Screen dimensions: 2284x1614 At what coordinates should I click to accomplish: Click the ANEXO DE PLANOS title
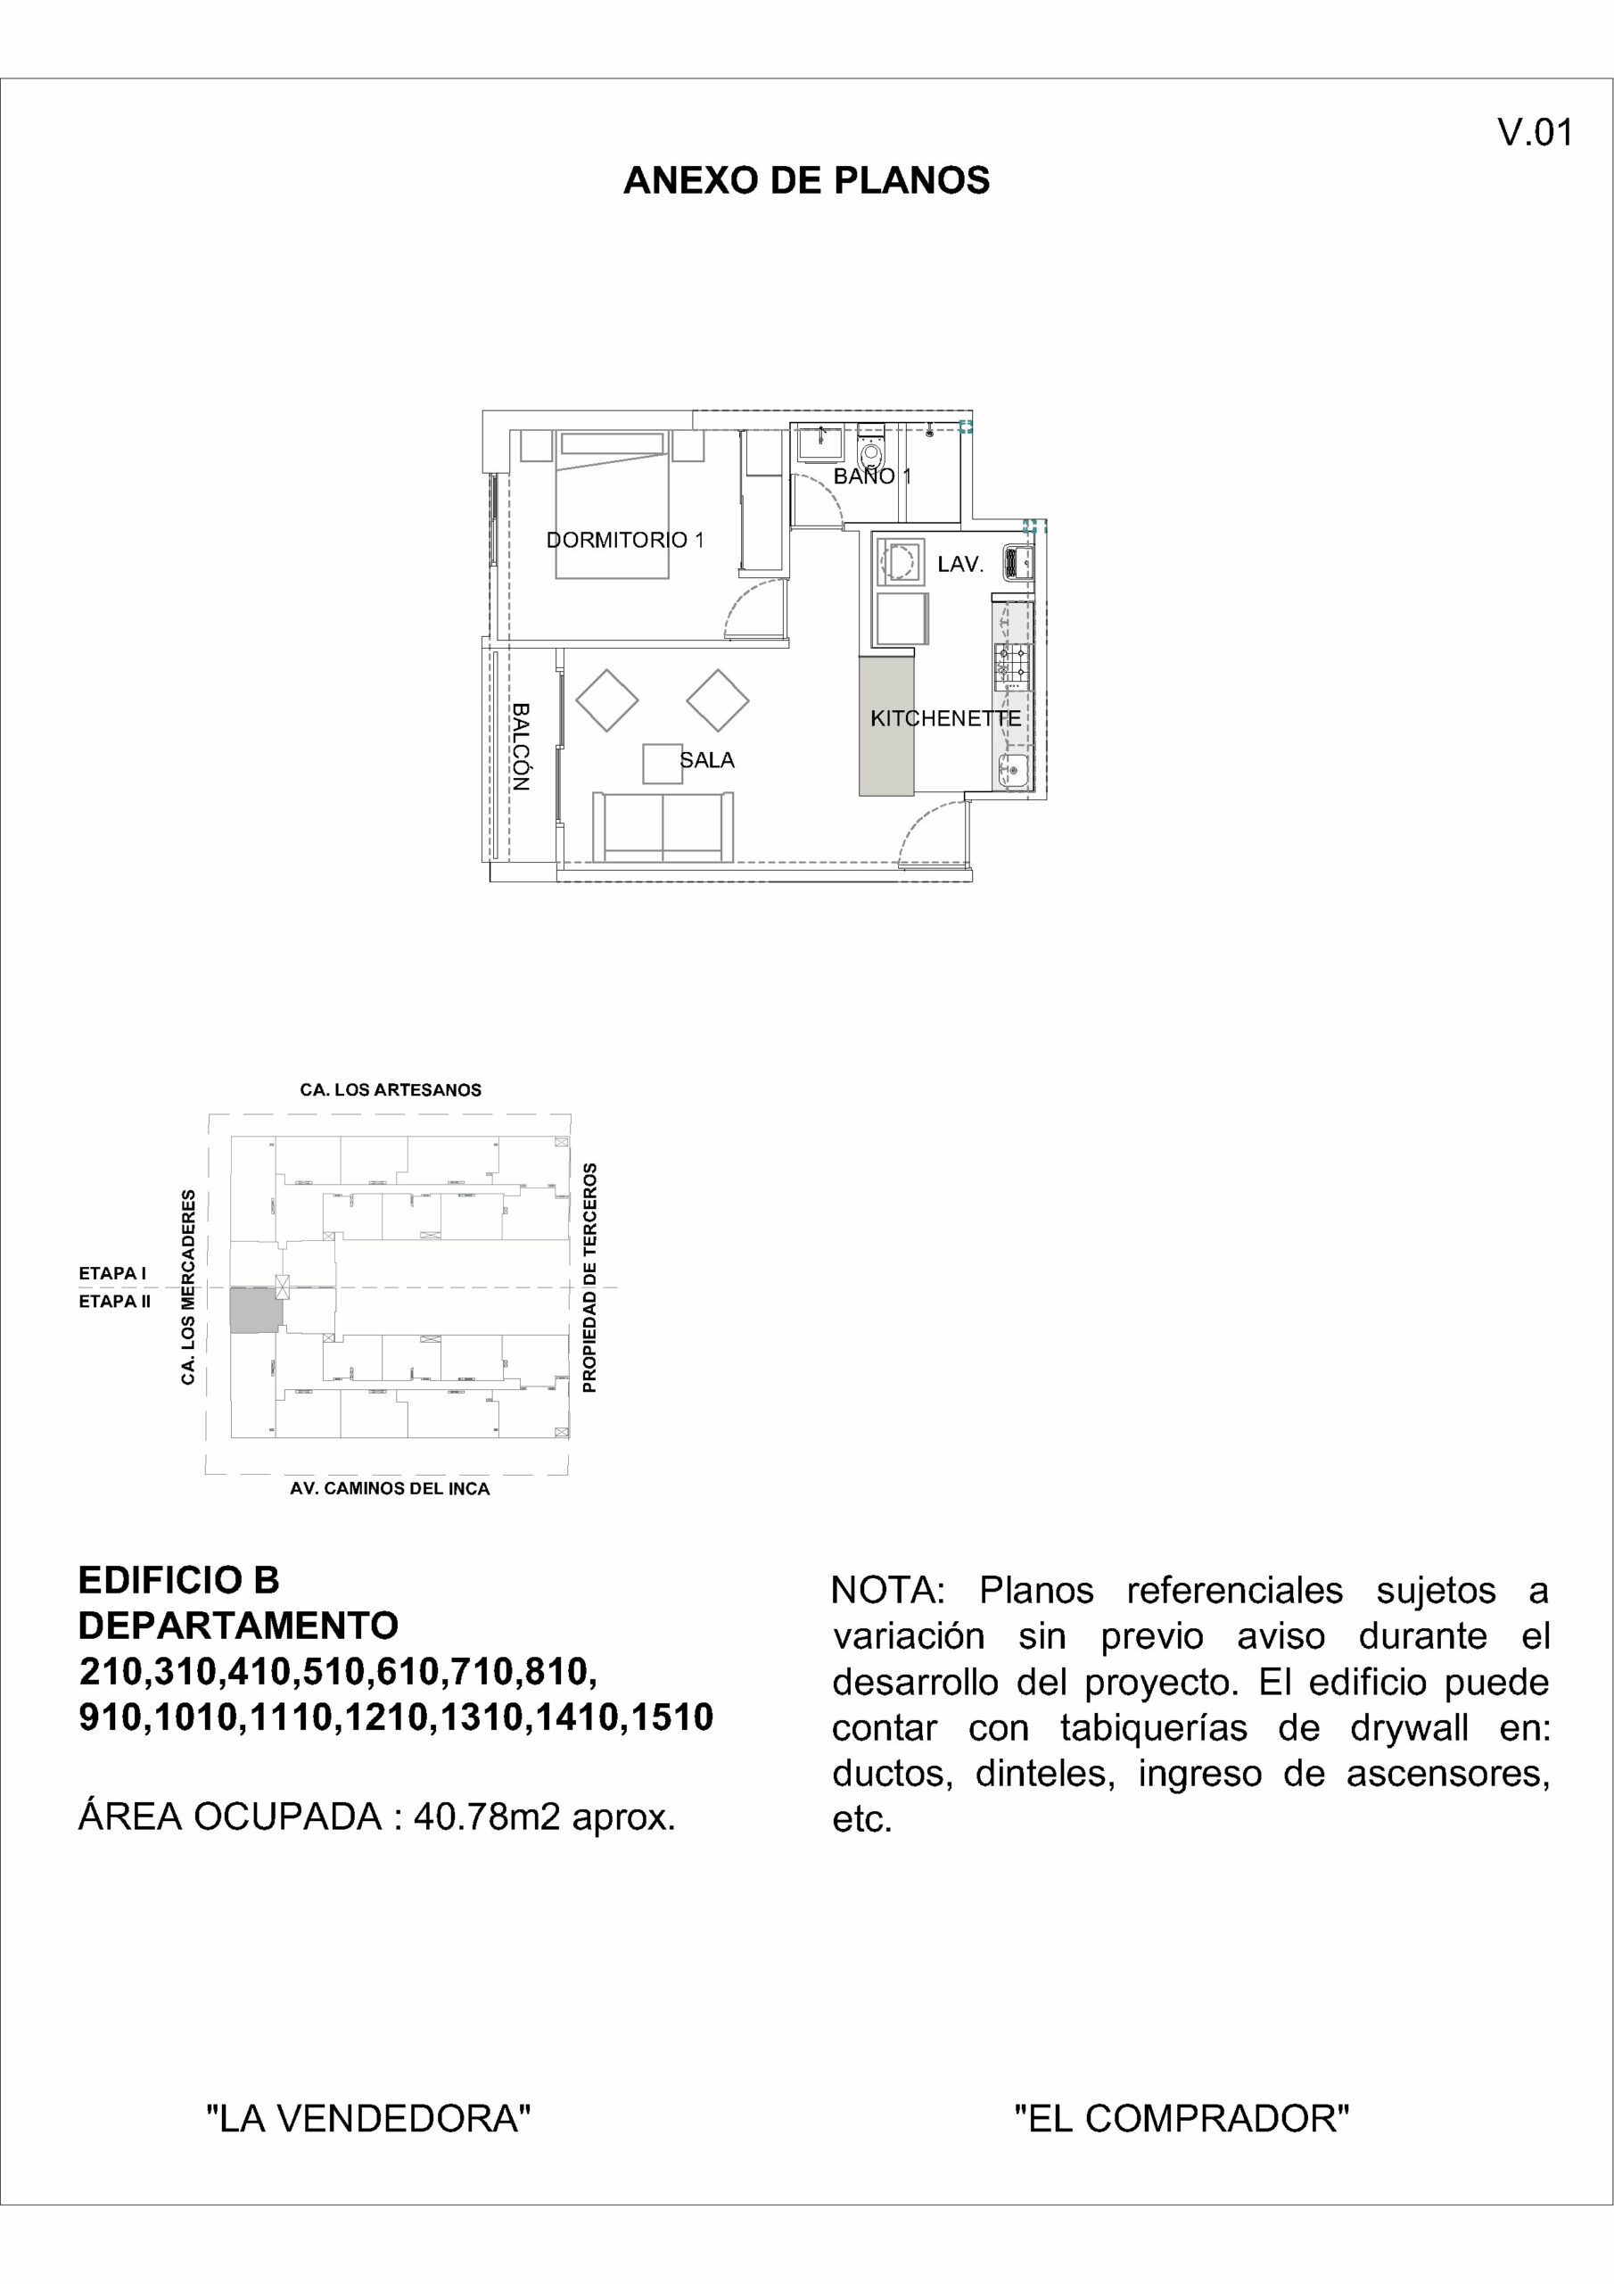805,180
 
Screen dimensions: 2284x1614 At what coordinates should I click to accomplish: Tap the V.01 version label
1535,132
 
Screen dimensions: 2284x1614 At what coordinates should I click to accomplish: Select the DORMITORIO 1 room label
624,540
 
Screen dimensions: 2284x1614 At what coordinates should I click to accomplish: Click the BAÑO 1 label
871,476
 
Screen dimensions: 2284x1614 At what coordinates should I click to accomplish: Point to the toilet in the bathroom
870,451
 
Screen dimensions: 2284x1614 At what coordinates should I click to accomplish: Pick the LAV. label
959,564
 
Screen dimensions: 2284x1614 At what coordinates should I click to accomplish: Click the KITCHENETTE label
944,718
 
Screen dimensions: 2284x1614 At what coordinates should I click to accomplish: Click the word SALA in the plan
707,760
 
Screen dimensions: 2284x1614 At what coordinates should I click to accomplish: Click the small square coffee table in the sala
663,763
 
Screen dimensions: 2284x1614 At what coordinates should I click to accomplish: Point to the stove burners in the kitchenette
1012,664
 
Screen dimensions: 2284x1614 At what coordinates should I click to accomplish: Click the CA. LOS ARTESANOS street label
390,1090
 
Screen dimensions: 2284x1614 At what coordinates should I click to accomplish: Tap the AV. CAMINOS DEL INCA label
390,1489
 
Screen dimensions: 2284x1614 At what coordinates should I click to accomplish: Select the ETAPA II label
114,1301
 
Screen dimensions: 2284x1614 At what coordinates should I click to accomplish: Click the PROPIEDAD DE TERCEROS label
589,1278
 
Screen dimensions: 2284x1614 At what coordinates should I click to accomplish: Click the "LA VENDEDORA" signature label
368,2119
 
